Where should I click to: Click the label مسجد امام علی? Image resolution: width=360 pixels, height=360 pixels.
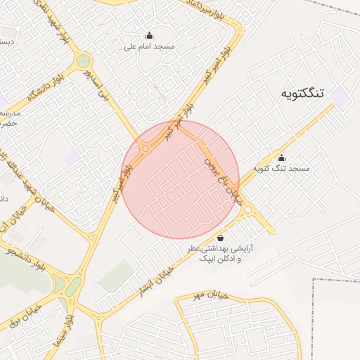pyautogui.click(x=149, y=46)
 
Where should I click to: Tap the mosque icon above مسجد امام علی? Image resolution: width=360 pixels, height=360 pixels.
pyautogui.click(x=149, y=35)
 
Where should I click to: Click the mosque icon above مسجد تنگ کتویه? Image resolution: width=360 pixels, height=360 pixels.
pyautogui.click(x=282, y=157)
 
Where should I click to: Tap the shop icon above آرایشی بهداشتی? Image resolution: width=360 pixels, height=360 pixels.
pyautogui.click(x=221, y=238)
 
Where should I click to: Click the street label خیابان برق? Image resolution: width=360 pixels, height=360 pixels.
pyautogui.click(x=25, y=315)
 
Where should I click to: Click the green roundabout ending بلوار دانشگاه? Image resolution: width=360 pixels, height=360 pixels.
pyautogui.click(x=84, y=61)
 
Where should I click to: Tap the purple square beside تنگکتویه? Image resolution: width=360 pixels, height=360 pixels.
pyautogui.click(x=341, y=98)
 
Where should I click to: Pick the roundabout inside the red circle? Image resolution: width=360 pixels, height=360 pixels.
pyautogui.click(x=146, y=148)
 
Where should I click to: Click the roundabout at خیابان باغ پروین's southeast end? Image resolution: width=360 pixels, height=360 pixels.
pyautogui.click(x=248, y=209)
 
